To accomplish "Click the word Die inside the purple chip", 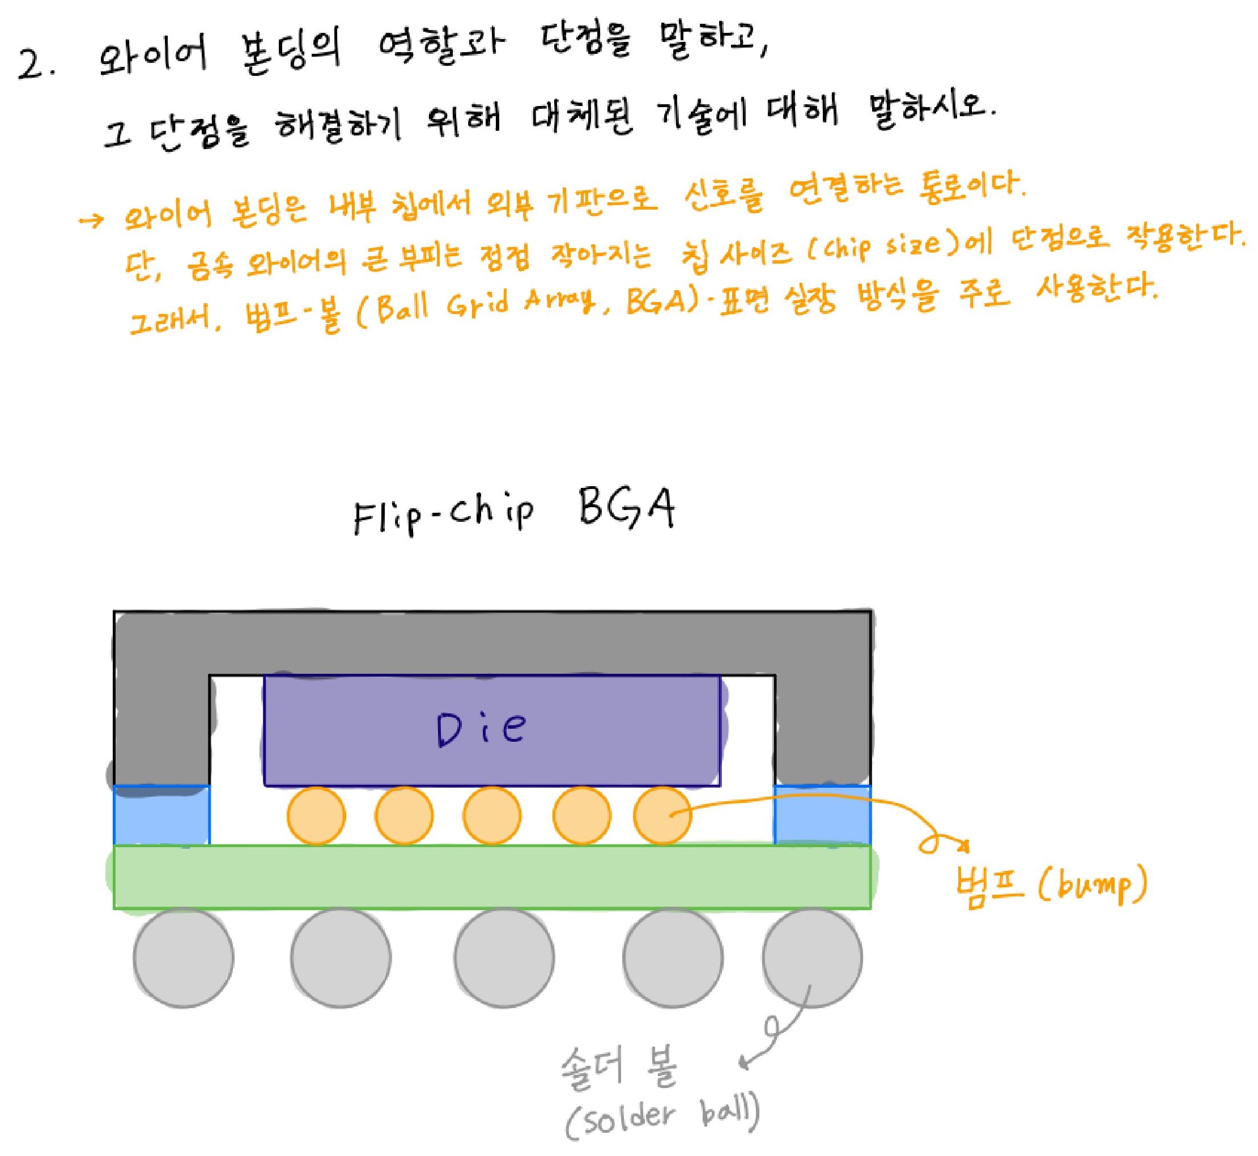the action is (481, 729).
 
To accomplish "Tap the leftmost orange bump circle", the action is (316, 815).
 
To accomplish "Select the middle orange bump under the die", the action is (492, 815).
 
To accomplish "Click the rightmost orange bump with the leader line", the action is (662, 815).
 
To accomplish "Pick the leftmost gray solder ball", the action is (183, 958).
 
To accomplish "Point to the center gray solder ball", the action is (504, 958).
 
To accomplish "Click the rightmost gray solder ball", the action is (812, 958).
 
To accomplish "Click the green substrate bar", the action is (492, 877).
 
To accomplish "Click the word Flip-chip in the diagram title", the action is (443, 517).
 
